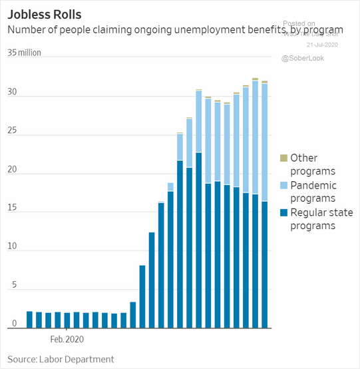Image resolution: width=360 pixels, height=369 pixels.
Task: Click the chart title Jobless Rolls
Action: click(x=45, y=13)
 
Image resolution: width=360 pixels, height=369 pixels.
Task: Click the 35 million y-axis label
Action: click(x=28, y=53)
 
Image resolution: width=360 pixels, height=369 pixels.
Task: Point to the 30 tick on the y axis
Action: click(x=12, y=97)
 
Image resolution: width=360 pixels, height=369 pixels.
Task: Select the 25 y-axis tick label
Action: click(x=12, y=135)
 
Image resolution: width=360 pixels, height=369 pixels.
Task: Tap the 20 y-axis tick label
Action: click(x=12, y=173)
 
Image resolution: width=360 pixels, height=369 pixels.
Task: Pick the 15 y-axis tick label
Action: click(x=12, y=211)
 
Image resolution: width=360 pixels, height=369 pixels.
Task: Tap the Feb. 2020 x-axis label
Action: click(x=68, y=338)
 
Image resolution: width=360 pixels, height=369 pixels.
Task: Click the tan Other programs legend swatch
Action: click(x=283, y=158)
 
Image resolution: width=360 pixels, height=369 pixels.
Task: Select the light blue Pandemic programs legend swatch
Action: click(x=283, y=185)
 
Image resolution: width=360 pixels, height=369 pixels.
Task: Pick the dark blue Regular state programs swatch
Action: click(x=283, y=212)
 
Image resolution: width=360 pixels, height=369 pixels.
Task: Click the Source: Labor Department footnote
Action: click(x=61, y=359)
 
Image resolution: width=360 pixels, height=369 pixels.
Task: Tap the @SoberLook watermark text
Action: click(x=303, y=59)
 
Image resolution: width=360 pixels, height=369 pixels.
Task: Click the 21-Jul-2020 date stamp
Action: click(x=323, y=45)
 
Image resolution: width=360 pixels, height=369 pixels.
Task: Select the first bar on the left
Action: click(x=29, y=320)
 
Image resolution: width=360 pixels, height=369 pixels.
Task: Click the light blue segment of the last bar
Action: click(x=264, y=143)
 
